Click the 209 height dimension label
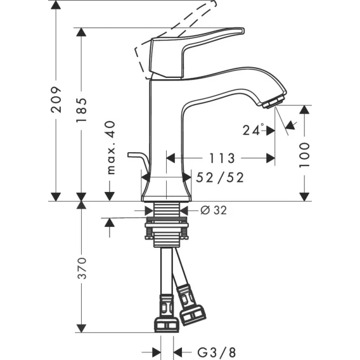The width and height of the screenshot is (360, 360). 56,100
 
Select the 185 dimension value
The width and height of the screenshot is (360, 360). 82,110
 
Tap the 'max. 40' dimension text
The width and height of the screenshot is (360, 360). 111,148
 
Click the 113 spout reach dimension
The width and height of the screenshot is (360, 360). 222,158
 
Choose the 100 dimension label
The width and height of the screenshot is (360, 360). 304,155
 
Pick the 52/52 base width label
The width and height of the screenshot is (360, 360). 220,177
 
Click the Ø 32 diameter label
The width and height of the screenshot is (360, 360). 214,210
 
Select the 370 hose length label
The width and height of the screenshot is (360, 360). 82,268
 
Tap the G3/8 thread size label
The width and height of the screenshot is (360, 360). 217,352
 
